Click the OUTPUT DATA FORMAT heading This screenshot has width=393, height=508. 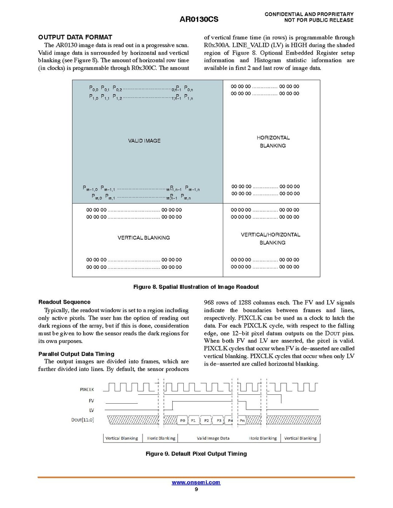pyautogui.click(x=75, y=37)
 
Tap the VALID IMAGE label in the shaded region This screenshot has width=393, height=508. pyautogui.click(x=144, y=141)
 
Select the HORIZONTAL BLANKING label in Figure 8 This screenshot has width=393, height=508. pyautogui.click(x=273, y=142)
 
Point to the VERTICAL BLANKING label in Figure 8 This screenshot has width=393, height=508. pyautogui.click(x=143, y=238)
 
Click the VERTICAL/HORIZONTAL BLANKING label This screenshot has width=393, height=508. pyautogui.click(x=271, y=239)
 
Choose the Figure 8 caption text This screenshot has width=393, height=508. pyautogui.click(x=196, y=287)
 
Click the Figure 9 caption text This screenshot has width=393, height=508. pyautogui.click(x=196, y=454)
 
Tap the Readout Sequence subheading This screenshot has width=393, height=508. pyautogui.click(x=64, y=302)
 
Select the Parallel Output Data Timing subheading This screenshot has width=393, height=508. pyautogui.click(x=76, y=354)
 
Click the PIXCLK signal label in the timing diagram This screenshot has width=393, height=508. pyautogui.click(x=87, y=389)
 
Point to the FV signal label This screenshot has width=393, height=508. pyautogui.click(x=91, y=400)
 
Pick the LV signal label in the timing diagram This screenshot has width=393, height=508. pyautogui.click(x=91, y=410)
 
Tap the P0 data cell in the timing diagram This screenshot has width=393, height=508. pyautogui.click(x=182, y=421)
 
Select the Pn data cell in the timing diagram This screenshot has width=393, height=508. pyautogui.click(x=242, y=421)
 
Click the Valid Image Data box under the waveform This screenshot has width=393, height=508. pyautogui.click(x=213, y=438)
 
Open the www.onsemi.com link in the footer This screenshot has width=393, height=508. pyautogui.click(x=196, y=483)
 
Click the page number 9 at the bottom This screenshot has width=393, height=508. pyautogui.click(x=196, y=490)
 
